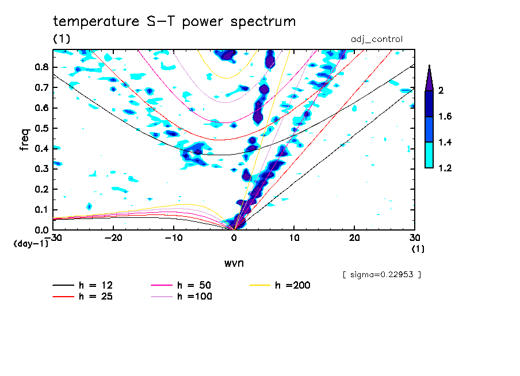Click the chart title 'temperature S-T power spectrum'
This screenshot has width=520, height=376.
coord(174,22)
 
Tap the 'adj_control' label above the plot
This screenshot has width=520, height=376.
coord(377,39)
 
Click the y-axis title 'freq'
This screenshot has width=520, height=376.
coord(24,140)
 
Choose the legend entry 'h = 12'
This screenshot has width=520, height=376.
coord(95,285)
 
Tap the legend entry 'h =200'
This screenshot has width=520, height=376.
coord(293,285)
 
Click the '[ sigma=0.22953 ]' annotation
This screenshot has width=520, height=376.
coord(382,274)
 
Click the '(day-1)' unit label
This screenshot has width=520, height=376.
coord(31,244)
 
